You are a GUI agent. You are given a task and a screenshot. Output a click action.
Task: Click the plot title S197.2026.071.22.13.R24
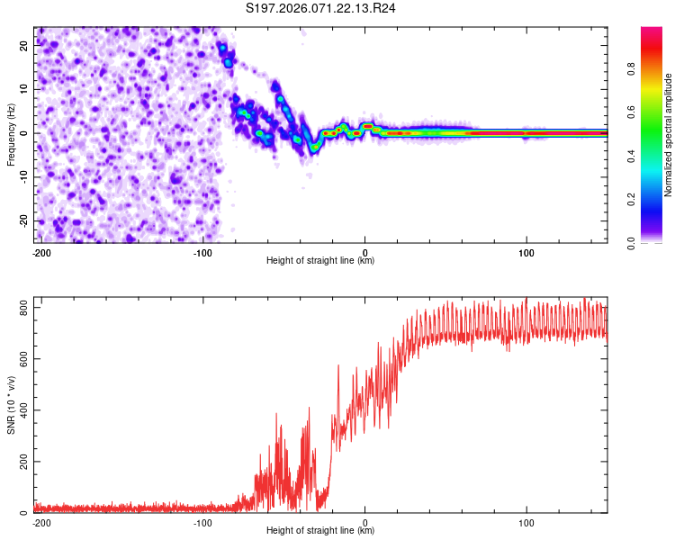(322, 9)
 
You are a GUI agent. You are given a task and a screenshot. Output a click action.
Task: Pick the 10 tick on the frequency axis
(25, 89)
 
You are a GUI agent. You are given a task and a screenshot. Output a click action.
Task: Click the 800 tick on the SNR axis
(22, 308)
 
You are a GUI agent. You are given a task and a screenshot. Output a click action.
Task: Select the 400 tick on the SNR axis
(22, 410)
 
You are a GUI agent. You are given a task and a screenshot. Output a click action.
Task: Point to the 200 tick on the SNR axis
(22, 462)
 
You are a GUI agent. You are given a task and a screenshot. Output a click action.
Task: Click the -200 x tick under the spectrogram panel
(40, 253)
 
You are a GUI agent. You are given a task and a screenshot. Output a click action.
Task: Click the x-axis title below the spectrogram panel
(320, 261)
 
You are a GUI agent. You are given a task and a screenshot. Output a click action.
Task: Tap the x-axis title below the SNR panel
(320, 531)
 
